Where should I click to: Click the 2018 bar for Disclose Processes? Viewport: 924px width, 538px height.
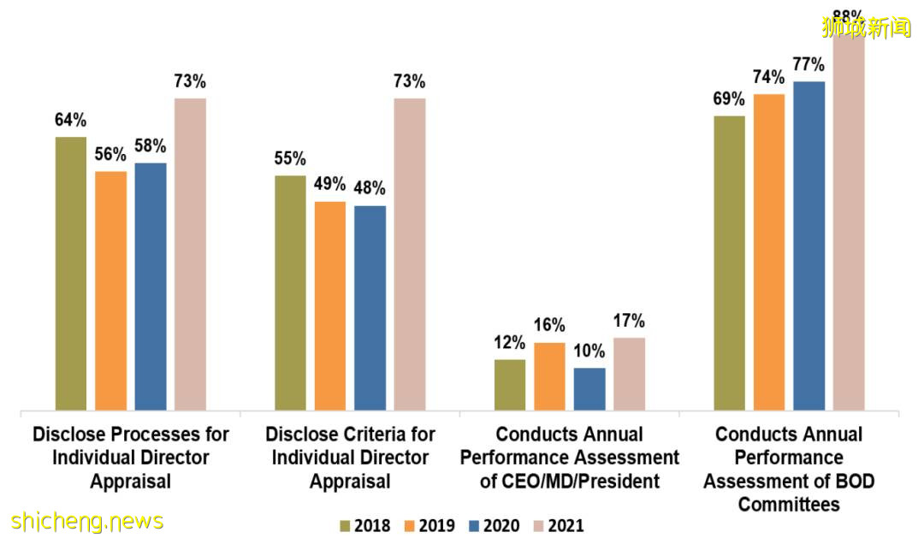click(x=71, y=274)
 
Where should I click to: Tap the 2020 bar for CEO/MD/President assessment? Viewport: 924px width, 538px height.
click(x=589, y=389)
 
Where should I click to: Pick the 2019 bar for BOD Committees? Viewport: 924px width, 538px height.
click(x=769, y=252)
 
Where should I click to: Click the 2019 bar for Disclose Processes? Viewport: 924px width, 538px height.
click(x=111, y=291)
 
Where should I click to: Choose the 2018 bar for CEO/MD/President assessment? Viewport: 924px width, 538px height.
click(x=510, y=385)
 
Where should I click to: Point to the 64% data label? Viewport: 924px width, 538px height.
click(x=71, y=121)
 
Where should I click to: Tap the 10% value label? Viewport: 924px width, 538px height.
click(x=589, y=352)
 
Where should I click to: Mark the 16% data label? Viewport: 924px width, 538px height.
click(x=549, y=326)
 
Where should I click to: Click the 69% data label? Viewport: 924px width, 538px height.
click(x=729, y=99)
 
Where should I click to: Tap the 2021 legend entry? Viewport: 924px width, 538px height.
click(x=561, y=525)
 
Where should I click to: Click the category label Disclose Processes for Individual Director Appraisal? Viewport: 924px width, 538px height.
click(x=131, y=458)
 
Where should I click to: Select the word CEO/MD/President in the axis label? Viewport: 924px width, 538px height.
click(x=570, y=482)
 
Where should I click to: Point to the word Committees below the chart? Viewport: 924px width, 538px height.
click(x=789, y=505)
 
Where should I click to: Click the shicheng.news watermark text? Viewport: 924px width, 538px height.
click(x=87, y=521)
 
